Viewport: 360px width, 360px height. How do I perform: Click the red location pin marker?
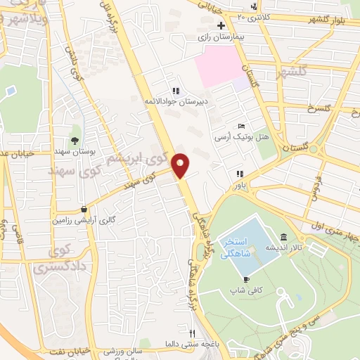(x=181, y=165)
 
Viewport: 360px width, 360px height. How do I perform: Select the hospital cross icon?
(x=221, y=25)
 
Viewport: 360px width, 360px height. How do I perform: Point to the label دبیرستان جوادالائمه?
(x=169, y=101)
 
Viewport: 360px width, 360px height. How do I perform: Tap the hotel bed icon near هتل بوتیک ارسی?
(x=242, y=125)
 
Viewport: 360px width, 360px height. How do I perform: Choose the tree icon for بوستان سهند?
(x=75, y=141)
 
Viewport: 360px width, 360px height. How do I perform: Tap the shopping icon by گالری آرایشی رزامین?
(x=84, y=209)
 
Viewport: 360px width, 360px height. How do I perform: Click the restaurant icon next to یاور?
(x=240, y=173)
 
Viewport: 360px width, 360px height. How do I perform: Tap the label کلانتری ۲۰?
(x=252, y=15)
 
